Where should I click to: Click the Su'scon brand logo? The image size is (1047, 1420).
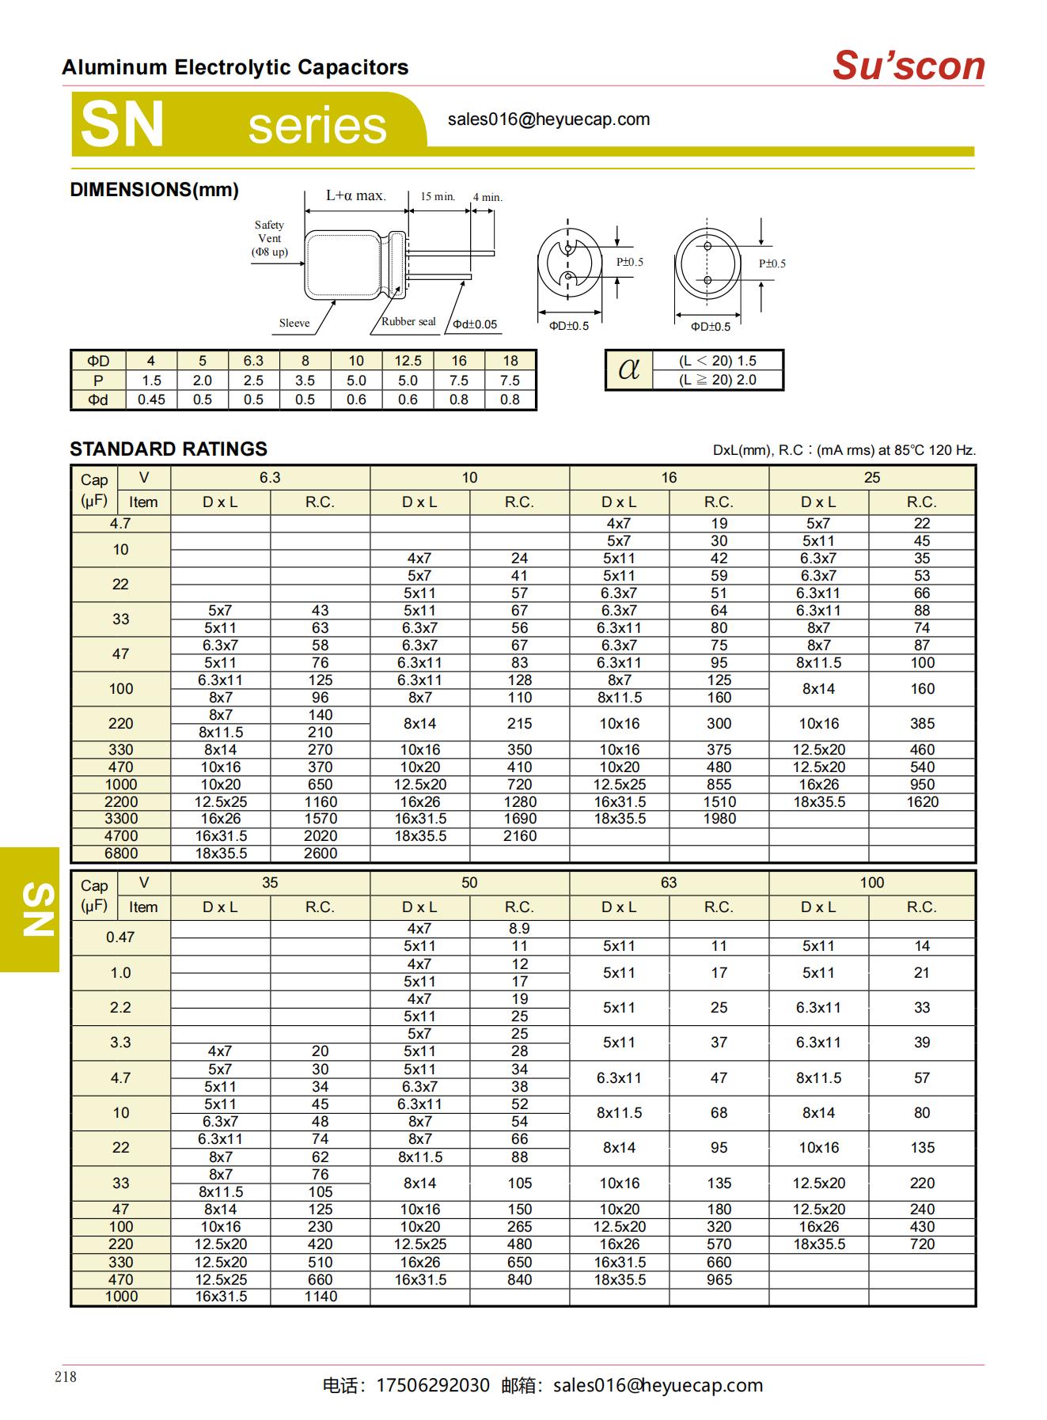click(x=908, y=66)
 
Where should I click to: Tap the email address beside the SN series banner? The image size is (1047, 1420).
click(x=548, y=119)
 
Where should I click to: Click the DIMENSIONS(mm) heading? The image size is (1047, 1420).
click(x=154, y=190)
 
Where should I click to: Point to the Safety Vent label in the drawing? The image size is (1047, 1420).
click(x=269, y=238)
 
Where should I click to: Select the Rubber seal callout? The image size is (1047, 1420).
click(x=408, y=321)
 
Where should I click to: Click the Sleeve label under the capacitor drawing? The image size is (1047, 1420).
click(x=294, y=323)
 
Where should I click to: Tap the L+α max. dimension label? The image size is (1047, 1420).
click(x=355, y=195)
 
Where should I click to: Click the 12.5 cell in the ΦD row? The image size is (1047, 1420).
click(x=408, y=361)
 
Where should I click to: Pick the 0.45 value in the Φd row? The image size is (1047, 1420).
click(x=151, y=399)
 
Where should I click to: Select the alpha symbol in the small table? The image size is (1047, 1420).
click(x=629, y=369)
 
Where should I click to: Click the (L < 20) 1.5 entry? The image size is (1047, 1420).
click(x=718, y=361)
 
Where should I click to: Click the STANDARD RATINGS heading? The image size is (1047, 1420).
click(x=169, y=449)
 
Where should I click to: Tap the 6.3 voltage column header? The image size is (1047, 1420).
click(x=270, y=478)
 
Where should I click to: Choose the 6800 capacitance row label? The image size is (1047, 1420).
click(x=121, y=854)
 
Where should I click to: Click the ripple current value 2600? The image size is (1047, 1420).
click(x=321, y=854)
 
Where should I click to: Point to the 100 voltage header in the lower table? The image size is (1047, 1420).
click(x=872, y=883)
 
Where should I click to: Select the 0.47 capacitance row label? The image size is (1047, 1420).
click(x=120, y=937)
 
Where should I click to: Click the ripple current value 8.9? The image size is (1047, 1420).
click(x=519, y=929)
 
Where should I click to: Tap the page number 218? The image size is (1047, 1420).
click(x=66, y=1377)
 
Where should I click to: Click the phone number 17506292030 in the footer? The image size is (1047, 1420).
click(x=433, y=1385)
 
